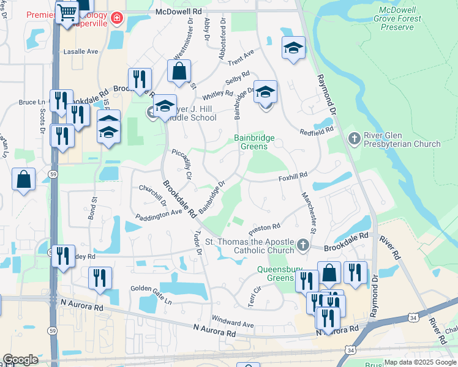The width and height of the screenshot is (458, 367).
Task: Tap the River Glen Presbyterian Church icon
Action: [353, 139]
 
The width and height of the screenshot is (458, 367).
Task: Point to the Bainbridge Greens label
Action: [255, 143]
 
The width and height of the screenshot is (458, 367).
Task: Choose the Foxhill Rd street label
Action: [293, 176]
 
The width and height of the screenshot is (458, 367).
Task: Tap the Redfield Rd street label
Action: [316, 130]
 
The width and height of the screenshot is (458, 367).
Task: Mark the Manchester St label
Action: [308, 213]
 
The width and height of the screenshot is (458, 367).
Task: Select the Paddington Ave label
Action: [159, 213]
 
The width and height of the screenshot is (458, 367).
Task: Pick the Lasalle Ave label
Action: [81, 53]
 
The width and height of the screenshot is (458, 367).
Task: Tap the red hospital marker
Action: [116, 20]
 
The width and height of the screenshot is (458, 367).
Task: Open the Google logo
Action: [20, 360]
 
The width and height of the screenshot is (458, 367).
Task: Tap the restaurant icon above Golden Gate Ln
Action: [100, 277]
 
